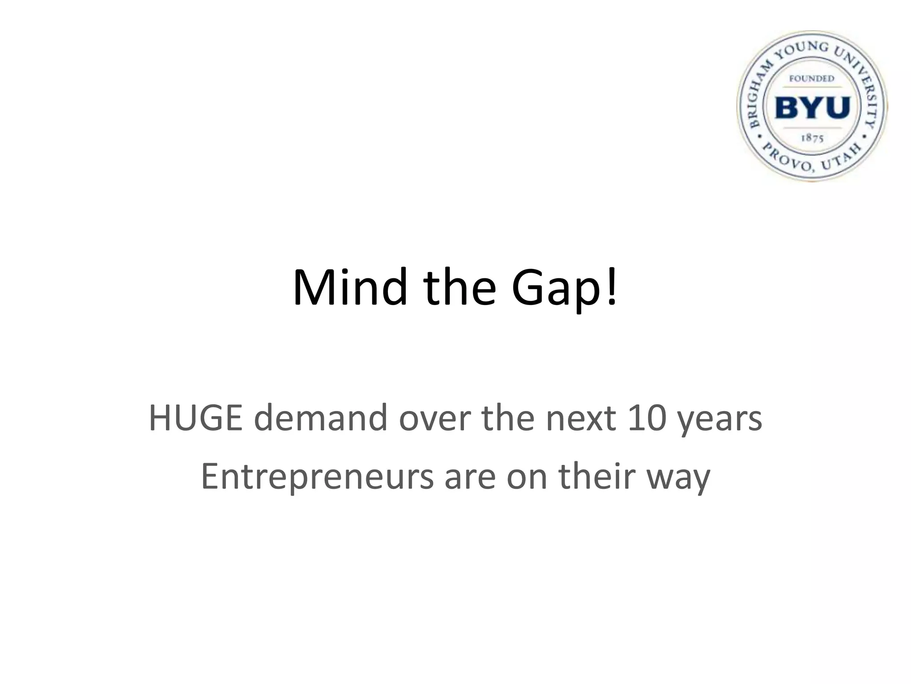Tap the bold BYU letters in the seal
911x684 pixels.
(812, 107)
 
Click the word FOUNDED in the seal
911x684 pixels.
(812, 79)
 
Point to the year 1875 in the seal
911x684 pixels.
(812, 138)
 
